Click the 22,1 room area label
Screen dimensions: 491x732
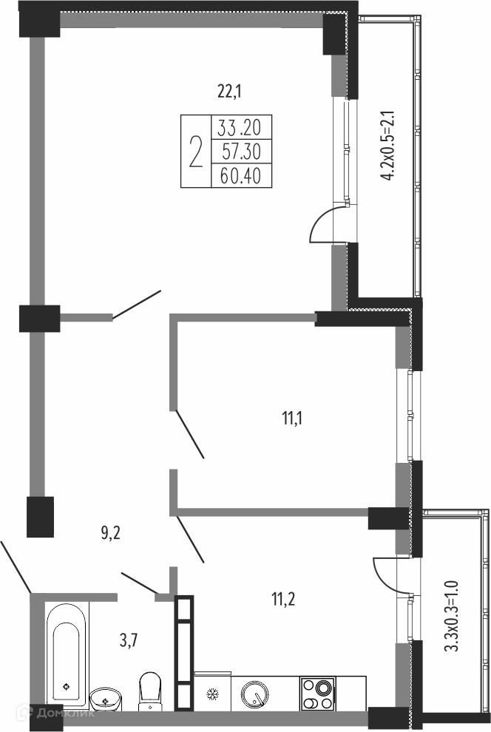pyautogui.click(x=229, y=91)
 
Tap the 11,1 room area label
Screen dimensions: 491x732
pyautogui.click(x=292, y=418)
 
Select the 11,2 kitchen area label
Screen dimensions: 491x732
pyautogui.click(x=283, y=598)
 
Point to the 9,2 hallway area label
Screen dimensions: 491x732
pyautogui.click(x=111, y=532)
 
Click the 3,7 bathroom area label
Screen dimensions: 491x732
pyautogui.click(x=129, y=641)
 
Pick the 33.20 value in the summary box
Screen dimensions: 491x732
pyautogui.click(x=239, y=127)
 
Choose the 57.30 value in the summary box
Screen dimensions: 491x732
pyautogui.click(x=242, y=152)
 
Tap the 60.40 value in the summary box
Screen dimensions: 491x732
pyautogui.click(x=241, y=176)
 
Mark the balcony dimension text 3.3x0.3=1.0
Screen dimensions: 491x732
pyautogui.click(x=452, y=615)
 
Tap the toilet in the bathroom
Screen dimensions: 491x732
pyautogui.click(x=150, y=690)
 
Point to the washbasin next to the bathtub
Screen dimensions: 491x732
pyautogui.click(x=106, y=699)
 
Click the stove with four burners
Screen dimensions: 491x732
pyautogui.click(x=317, y=694)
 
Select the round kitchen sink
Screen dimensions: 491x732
pyautogui.click(x=255, y=694)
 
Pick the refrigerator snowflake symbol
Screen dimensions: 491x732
pyautogui.click(x=213, y=694)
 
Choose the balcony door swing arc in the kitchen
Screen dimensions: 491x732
pyautogui.click(x=387, y=575)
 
